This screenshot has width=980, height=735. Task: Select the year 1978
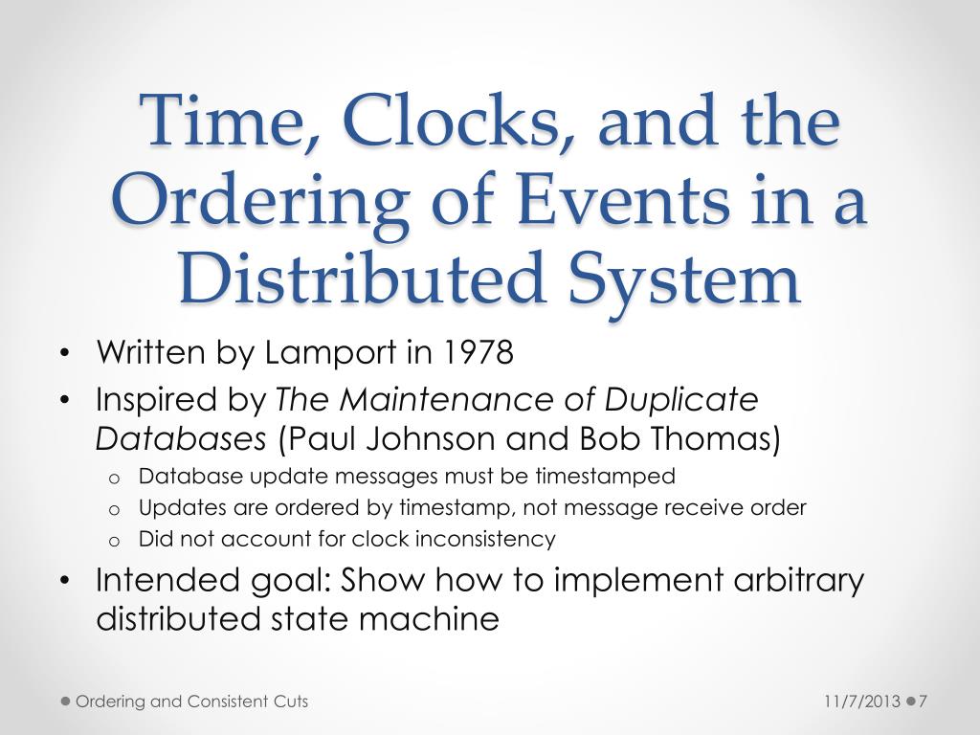479,353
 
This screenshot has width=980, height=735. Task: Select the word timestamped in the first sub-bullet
605,476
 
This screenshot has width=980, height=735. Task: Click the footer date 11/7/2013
861,702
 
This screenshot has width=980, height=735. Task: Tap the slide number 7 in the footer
924,702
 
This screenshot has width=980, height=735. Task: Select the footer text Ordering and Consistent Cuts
191,702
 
